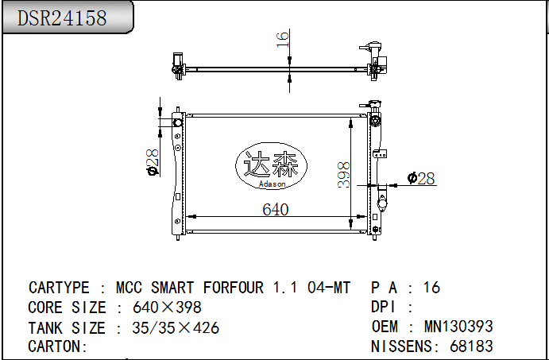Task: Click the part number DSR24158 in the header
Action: (x=62, y=17)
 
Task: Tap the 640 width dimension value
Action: (x=276, y=210)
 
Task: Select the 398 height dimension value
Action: (x=343, y=175)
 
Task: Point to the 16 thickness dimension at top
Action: (x=282, y=39)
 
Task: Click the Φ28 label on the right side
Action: (x=421, y=178)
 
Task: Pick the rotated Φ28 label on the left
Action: (x=153, y=162)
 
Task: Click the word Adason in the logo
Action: (x=272, y=184)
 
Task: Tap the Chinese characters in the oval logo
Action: (x=271, y=164)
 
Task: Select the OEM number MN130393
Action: (x=458, y=327)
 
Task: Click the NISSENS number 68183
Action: (x=471, y=346)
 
